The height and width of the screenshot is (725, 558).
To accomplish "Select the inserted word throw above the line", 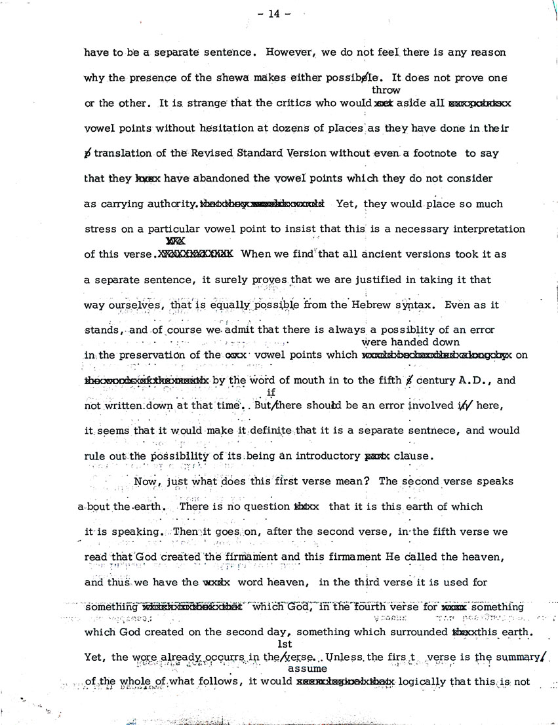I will pos(386,90).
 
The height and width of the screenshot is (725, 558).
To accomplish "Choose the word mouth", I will pos(283,380).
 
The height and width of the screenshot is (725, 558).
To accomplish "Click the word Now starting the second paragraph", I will pos(145,480).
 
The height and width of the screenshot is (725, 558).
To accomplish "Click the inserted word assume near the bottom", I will pos(308,669).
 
